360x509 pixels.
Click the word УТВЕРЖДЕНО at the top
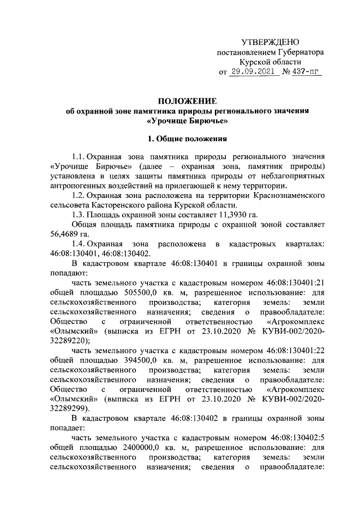coord(270,42)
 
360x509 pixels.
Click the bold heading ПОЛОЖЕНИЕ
coord(187,101)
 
